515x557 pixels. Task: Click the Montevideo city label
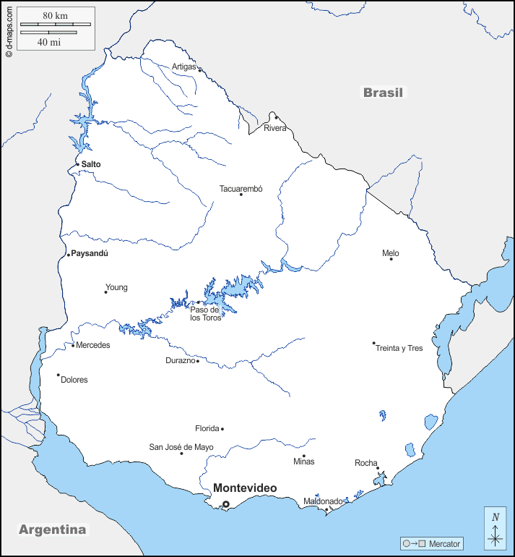tap(244, 488)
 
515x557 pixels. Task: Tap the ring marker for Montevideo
tap(225, 504)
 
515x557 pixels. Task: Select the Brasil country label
tap(384, 93)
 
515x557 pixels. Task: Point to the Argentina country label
tap(52, 530)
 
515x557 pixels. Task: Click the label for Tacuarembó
tap(241, 189)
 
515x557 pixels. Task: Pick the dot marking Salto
tap(78, 164)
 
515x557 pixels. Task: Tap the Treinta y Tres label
tap(399, 348)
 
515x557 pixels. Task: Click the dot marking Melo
tap(391, 258)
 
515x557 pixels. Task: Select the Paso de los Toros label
tap(206, 314)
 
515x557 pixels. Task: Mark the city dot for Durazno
tap(197, 360)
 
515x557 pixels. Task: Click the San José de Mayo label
tap(181, 447)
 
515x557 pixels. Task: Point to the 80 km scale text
tap(55, 15)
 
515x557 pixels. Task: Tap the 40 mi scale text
tap(48, 42)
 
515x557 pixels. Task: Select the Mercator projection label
tap(443, 544)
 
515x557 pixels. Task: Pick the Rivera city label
tap(274, 128)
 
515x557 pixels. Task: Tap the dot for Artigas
tap(199, 70)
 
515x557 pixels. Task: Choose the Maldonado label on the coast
tap(323, 501)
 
